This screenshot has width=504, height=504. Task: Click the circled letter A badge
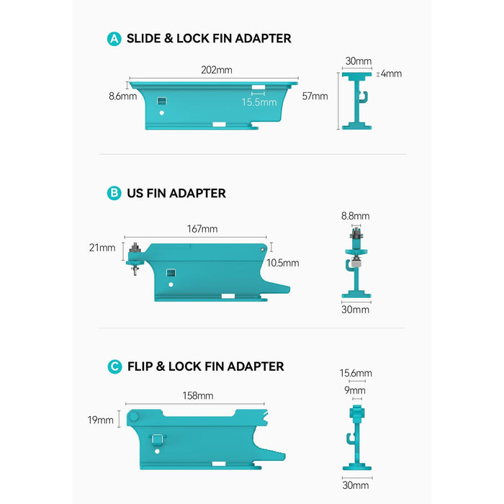tap(114, 39)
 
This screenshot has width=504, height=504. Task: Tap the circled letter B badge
tap(114, 193)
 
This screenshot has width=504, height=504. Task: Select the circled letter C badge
tap(114, 366)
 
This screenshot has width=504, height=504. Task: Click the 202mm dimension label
tap(217, 70)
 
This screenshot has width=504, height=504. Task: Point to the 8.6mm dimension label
tap(123, 96)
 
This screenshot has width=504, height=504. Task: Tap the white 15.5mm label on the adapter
tap(259, 102)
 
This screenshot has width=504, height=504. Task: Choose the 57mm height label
tap(315, 96)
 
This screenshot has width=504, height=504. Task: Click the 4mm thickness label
tap(391, 73)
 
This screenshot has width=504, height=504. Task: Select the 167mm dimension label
tap(202, 229)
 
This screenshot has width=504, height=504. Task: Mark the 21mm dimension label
tap(102, 248)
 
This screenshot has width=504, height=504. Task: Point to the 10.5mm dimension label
tap(283, 263)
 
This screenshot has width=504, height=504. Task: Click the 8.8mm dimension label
tap(356, 216)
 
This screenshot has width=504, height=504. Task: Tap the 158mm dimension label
tap(198, 396)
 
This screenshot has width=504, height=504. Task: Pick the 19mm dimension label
tap(101, 420)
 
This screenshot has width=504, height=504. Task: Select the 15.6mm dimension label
tap(356, 373)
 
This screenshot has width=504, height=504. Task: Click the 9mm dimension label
tap(355, 390)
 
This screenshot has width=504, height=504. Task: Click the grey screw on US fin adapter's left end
tap(135, 259)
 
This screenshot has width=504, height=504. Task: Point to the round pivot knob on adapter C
tap(133, 417)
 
